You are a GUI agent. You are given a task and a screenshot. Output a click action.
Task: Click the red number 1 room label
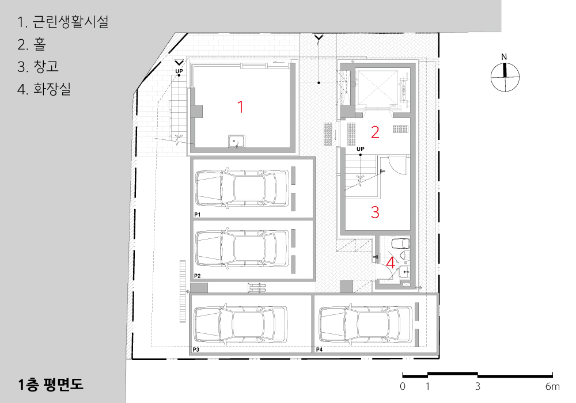(x=240, y=107)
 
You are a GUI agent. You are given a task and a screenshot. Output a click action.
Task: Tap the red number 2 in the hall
(x=375, y=132)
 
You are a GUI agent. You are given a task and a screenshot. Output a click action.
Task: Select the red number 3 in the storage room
(x=375, y=212)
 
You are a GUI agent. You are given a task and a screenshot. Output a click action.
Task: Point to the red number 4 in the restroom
(x=391, y=263)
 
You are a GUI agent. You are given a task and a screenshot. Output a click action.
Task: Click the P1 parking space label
(x=197, y=214)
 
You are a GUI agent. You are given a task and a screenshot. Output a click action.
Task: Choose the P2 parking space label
(x=197, y=276)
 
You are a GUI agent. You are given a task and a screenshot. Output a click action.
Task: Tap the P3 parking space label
(x=196, y=350)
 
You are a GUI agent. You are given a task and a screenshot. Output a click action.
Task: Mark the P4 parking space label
(x=319, y=350)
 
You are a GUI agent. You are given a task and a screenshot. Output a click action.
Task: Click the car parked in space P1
(x=242, y=188)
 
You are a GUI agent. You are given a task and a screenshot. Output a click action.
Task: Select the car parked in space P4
(x=365, y=325)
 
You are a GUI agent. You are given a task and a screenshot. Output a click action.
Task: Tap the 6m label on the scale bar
(x=552, y=386)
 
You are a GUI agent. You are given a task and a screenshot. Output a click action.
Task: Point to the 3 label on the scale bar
(x=478, y=386)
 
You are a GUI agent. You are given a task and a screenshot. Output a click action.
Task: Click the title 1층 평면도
(x=51, y=384)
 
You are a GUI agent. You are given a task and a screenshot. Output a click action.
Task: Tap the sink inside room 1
(x=237, y=141)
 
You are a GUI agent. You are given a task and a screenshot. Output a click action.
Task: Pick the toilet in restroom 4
(x=400, y=244)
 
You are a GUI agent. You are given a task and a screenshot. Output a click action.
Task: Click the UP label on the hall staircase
(x=361, y=149)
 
